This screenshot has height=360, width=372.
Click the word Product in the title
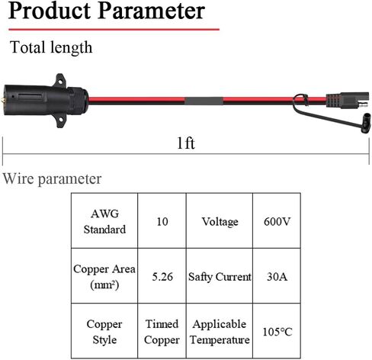(50, 11)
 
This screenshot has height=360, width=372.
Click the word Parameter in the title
(152, 11)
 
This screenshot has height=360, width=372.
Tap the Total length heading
(51, 47)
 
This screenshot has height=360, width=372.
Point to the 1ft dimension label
(186, 143)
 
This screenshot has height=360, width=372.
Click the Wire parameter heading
(52, 178)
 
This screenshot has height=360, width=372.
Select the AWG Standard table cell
(104, 220)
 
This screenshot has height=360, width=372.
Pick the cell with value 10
(162, 220)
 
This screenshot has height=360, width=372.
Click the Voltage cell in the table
(220, 220)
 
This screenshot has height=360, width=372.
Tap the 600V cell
(277, 220)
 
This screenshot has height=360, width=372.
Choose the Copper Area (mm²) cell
(104, 276)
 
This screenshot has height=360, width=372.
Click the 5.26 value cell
(162, 276)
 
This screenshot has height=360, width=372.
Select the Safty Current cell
(220, 276)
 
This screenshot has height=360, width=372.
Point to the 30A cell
(277, 276)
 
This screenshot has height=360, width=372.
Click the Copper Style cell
(104, 331)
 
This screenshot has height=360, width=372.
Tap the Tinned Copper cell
(162, 331)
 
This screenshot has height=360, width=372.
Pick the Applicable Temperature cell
(220, 331)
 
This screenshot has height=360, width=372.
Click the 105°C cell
(277, 331)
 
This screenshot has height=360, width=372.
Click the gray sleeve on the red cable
(204, 101)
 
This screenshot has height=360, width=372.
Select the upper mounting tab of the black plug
(61, 80)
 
